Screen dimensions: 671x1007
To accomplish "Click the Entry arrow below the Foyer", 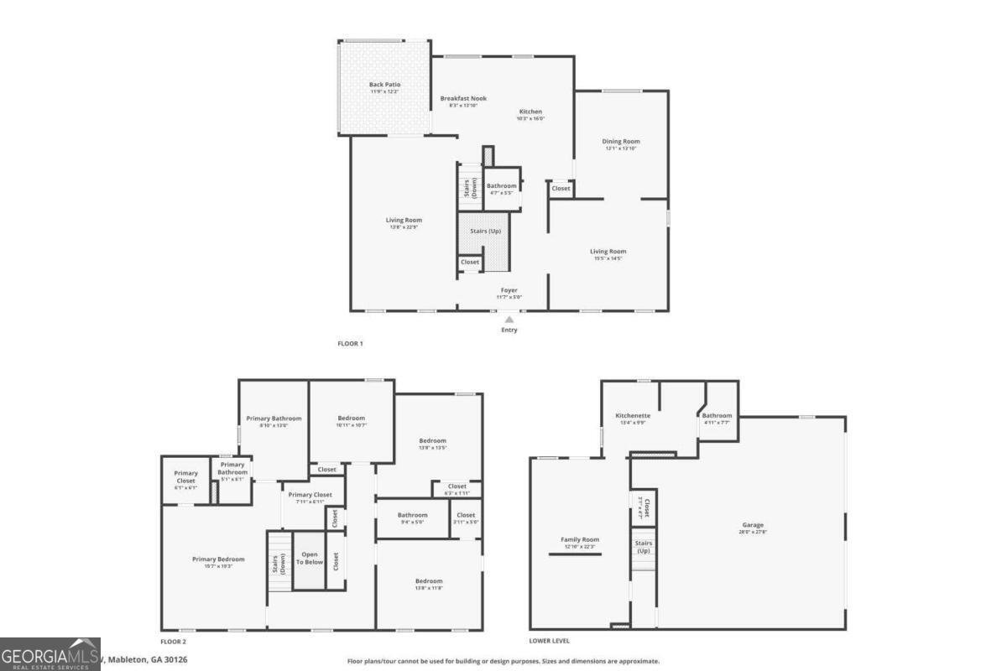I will (x=509, y=320).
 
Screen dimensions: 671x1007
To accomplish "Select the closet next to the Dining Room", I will (x=561, y=189).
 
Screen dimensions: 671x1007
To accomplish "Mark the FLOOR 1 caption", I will (x=350, y=344).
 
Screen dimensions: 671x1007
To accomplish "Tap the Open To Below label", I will (x=309, y=559).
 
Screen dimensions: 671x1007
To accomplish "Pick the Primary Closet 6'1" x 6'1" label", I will (x=185, y=481).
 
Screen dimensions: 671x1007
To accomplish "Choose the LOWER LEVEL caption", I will (x=550, y=641).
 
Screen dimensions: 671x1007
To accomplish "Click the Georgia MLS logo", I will (x=50, y=654).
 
